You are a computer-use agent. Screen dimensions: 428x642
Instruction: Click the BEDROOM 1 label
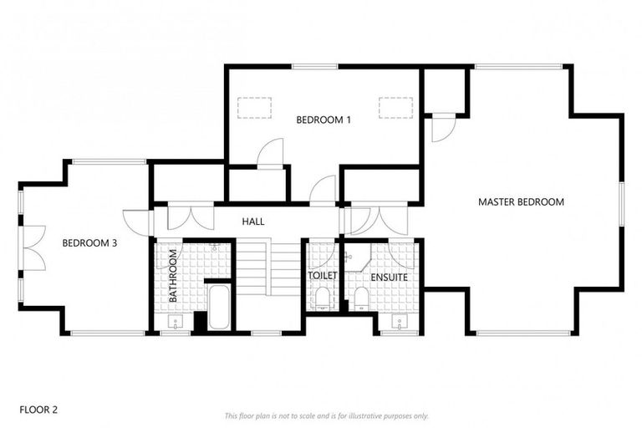[x=323, y=120]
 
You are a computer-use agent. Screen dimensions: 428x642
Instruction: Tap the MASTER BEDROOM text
[x=521, y=201]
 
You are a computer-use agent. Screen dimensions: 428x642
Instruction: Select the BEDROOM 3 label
[x=89, y=243]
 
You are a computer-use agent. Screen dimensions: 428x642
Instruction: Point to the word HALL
[x=253, y=222]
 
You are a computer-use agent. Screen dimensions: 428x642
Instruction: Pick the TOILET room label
[x=322, y=275]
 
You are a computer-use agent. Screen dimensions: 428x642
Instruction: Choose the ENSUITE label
[x=390, y=276]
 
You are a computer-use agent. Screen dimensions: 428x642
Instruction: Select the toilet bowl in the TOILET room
[x=322, y=297]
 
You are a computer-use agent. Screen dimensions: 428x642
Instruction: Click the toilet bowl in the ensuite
[x=362, y=298]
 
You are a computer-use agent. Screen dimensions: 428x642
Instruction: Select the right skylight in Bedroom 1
[x=395, y=108]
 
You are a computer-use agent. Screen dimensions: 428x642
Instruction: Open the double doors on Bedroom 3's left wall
[x=32, y=247]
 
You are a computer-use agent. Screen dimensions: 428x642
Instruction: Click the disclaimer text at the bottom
[x=326, y=415]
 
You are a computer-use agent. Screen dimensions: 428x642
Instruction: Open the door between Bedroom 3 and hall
[x=135, y=222]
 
